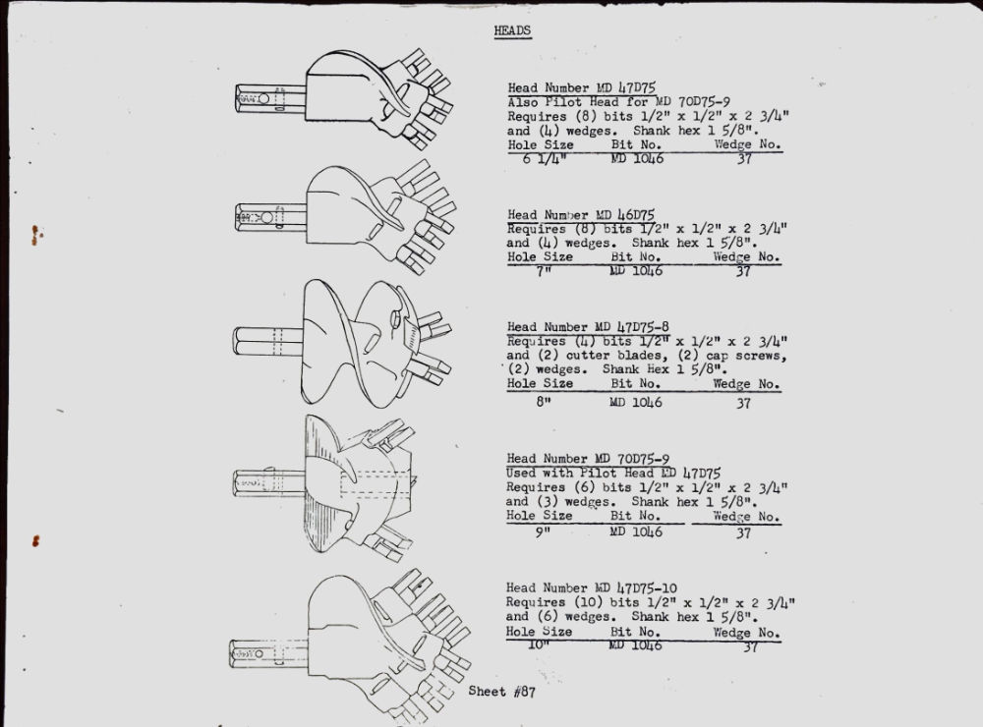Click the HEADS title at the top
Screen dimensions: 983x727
click(x=512, y=30)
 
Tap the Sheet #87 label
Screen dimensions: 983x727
click(x=501, y=692)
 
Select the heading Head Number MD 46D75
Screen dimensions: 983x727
click(x=581, y=215)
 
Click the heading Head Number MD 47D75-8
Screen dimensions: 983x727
click(x=588, y=326)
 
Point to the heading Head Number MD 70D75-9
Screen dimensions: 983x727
click(x=588, y=458)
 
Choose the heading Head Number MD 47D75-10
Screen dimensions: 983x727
click(x=591, y=587)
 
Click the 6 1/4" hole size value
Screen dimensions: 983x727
click(x=545, y=158)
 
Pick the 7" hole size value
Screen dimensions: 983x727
click(x=543, y=271)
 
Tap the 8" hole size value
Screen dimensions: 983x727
click(x=543, y=402)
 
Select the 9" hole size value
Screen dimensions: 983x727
click(x=543, y=532)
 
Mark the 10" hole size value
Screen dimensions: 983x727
click(x=538, y=644)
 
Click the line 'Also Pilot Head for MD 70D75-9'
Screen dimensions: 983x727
click(x=618, y=101)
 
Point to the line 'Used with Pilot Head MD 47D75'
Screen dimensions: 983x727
click(x=613, y=473)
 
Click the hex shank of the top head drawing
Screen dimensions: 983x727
click(x=270, y=98)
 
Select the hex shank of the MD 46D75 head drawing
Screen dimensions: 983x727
click(x=270, y=217)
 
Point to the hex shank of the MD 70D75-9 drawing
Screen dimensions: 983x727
click(x=269, y=483)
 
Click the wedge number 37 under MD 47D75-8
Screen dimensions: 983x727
click(x=743, y=403)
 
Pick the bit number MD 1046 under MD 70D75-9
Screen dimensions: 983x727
click(x=636, y=531)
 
